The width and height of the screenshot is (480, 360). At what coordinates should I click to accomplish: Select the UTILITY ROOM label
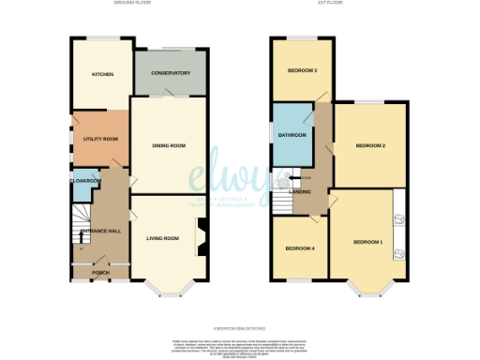[x=99, y=138]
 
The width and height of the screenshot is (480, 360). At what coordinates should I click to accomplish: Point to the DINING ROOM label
[x=169, y=145]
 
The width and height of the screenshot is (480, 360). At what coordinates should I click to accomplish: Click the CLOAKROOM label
[x=82, y=180]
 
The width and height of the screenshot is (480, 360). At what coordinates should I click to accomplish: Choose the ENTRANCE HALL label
[x=98, y=230]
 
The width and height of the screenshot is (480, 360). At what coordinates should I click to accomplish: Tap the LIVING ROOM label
[x=162, y=238]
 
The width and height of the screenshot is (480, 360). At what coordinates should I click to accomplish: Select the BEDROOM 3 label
[x=302, y=71]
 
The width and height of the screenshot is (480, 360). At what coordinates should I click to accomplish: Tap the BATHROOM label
[x=292, y=135]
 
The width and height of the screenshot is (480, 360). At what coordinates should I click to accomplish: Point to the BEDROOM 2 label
[x=370, y=146]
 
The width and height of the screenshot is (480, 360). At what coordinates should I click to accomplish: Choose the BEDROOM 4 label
[x=299, y=248]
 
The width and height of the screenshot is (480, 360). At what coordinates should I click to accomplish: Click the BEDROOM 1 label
[x=367, y=243]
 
